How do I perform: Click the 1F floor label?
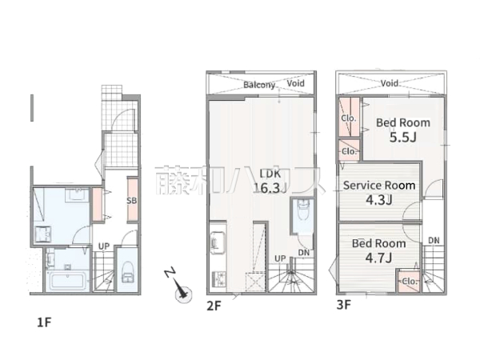44,322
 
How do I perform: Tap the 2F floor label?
214,306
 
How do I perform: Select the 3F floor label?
343,305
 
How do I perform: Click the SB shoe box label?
132,201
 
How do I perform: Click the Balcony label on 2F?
259,85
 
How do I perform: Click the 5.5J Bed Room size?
403,138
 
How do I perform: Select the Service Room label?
379,186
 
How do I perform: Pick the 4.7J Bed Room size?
378,258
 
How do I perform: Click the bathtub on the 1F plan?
68,281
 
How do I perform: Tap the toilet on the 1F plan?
128,272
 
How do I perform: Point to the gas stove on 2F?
218,278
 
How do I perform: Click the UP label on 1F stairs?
104,246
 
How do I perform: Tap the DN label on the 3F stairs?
434,241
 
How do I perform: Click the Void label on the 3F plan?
390,83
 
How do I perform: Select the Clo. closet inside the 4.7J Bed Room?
409,281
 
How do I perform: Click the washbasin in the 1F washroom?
76,194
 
